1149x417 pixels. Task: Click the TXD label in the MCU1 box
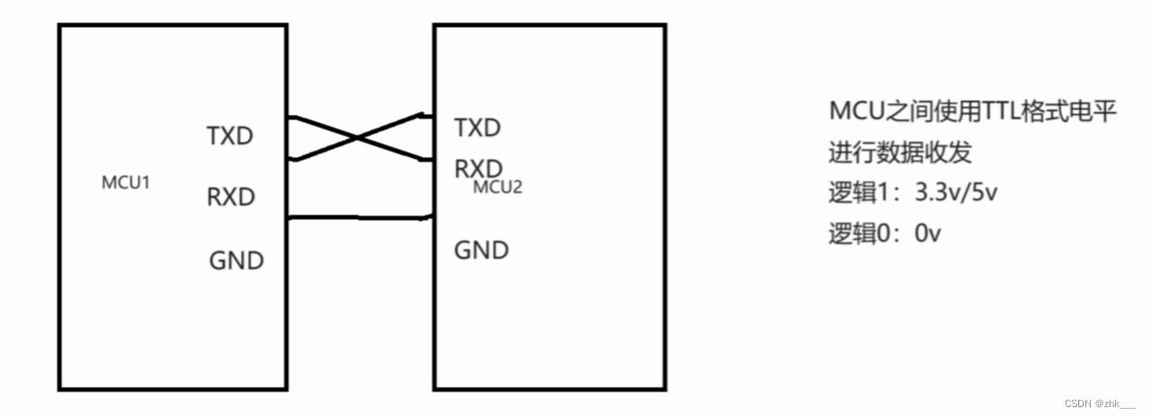(x=230, y=136)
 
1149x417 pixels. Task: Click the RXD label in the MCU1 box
(x=230, y=196)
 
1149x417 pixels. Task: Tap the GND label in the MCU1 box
(x=237, y=261)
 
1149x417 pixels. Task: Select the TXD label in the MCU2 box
(x=477, y=127)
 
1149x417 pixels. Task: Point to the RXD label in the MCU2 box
(x=478, y=168)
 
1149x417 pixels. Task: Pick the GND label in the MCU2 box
(x=481, y=249)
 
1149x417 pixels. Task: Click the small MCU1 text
(x=125, y=183)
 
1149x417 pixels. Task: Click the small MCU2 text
(x=497, y=187)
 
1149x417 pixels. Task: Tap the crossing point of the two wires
(x=358, y=138)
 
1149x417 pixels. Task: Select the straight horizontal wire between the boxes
(x=359, y=216)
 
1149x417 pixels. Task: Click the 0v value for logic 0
(x=928, y=234)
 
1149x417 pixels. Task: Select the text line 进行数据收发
(x=900, y=153)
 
